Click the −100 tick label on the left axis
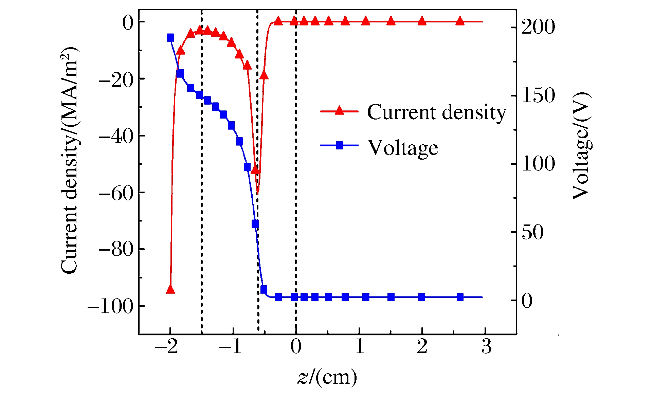(111, 307)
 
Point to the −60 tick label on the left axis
(116, 193)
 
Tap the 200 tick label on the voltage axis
(538, 27)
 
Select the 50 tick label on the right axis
(532, 232)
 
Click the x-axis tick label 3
(486, 347)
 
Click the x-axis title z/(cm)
(327, 377)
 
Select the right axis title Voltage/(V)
(581, 146)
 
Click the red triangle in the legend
(339, 110)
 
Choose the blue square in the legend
(339, 145)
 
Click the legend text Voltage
(403, 148)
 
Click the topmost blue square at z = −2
(170, 38)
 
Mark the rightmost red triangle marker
(460, 21)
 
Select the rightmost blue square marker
(460, 297)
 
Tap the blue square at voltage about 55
(255, 224)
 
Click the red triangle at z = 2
(422, 21)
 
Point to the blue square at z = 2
(422, 297)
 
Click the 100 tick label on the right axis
(538, 164)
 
